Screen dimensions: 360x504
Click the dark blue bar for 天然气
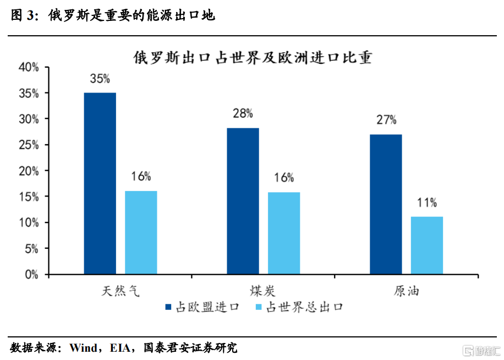(x=100, y=183)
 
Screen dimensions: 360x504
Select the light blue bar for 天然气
(x=141, y=232)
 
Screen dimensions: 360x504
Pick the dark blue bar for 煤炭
(x=243, y=201)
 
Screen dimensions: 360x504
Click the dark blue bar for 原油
(x=386, y=204)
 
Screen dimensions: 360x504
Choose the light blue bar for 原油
(x=426, y=246)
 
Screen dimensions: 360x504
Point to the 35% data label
(x=100, y=79)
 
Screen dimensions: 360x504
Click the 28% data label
(x=243, y=114)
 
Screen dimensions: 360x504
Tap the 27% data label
(x=386, y=120)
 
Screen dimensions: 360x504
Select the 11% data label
(x=426, y=203)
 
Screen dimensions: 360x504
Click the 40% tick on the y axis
(x=29, y=68)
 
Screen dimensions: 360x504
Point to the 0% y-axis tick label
(x=31, y=274)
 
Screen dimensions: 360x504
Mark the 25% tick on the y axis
(x=29, y=145)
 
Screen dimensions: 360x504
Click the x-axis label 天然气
(x=121, y=290)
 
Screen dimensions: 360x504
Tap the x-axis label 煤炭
(x=263, y=290)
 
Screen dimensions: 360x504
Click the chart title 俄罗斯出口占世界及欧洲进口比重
(x=252, y=57)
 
